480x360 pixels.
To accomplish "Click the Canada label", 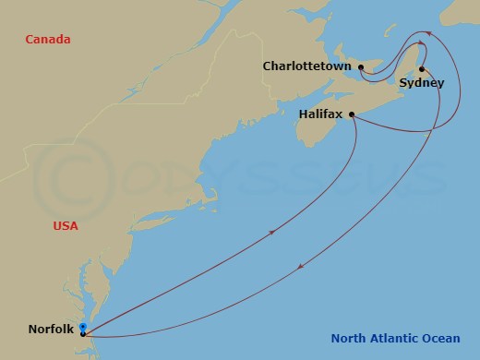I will coord(49,39).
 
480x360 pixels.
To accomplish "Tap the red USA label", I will coord(65,226).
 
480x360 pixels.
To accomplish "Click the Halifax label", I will coord(320,114).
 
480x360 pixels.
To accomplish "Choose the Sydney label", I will coord(421,83).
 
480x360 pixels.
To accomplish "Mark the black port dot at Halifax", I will coord(352,114).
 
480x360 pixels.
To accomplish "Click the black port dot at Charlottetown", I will coord(361,67).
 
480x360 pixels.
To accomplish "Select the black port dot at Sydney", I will coord(422,69).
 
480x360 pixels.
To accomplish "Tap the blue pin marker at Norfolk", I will coord(83,326).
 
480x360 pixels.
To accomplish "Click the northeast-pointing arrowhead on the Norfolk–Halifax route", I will coord(273,233).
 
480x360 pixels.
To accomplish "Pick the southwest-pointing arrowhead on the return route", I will coord(302,268).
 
